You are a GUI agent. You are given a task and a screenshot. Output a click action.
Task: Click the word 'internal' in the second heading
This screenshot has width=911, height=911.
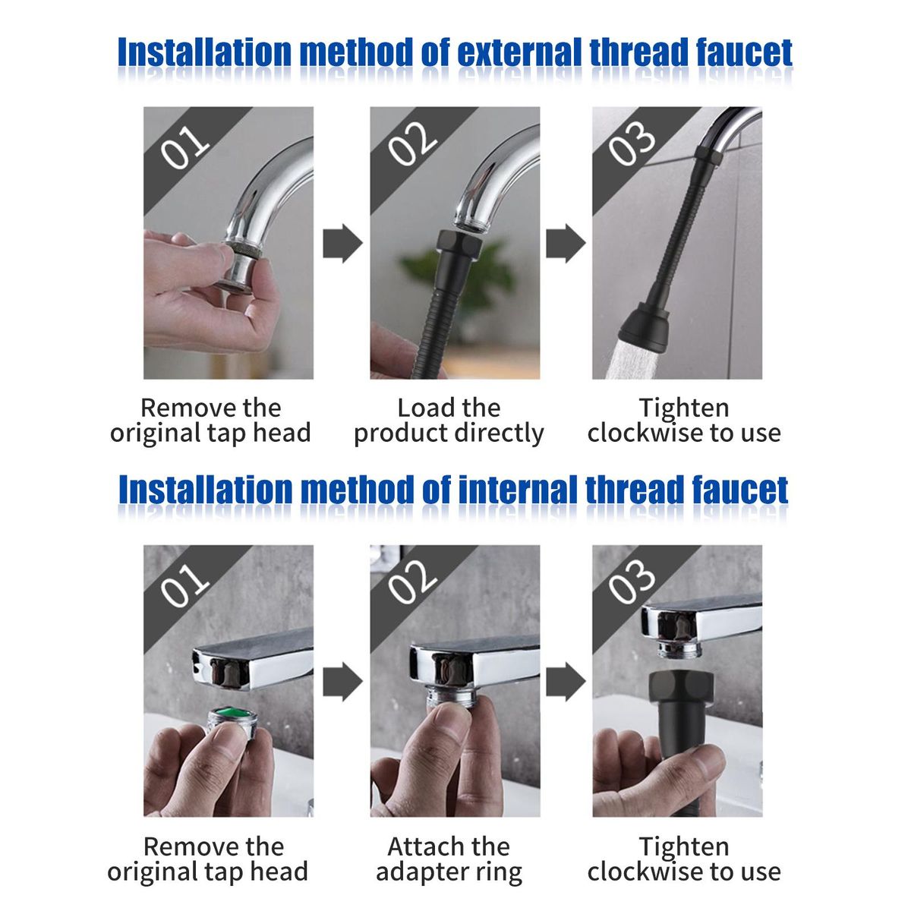[518, 490]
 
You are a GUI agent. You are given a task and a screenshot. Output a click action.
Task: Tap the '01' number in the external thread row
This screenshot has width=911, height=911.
[184, 147]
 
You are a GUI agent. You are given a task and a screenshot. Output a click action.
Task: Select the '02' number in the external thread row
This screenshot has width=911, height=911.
[412, 143]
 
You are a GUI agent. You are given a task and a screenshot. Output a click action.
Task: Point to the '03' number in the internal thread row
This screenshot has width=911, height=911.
[632, 582]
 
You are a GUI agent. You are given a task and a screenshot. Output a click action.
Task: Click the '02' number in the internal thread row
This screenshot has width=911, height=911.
[412, 582]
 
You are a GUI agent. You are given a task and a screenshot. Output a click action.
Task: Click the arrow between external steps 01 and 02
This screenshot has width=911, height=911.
[342, 244]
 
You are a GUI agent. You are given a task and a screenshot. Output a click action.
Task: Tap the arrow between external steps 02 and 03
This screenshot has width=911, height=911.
[566, 244]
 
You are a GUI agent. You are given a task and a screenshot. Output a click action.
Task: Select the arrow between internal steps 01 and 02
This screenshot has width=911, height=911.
[342, 682]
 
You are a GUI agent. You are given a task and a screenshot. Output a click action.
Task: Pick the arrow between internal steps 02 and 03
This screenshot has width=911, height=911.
[566, 682]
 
